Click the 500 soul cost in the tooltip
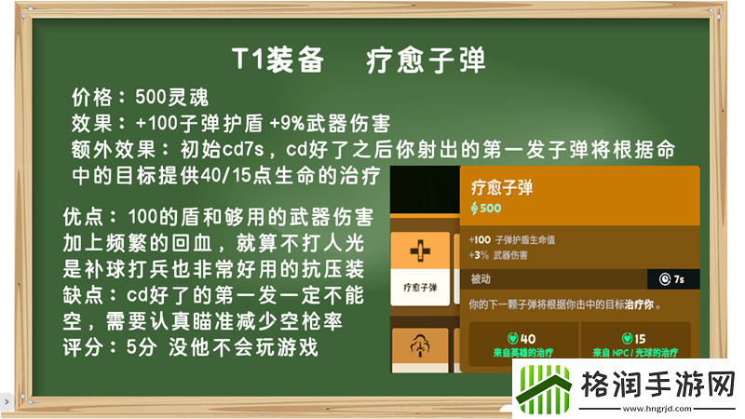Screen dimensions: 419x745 pos(486,207)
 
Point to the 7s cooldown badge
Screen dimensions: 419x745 pos(671,278)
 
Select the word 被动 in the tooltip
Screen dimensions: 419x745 pos(482,278)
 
